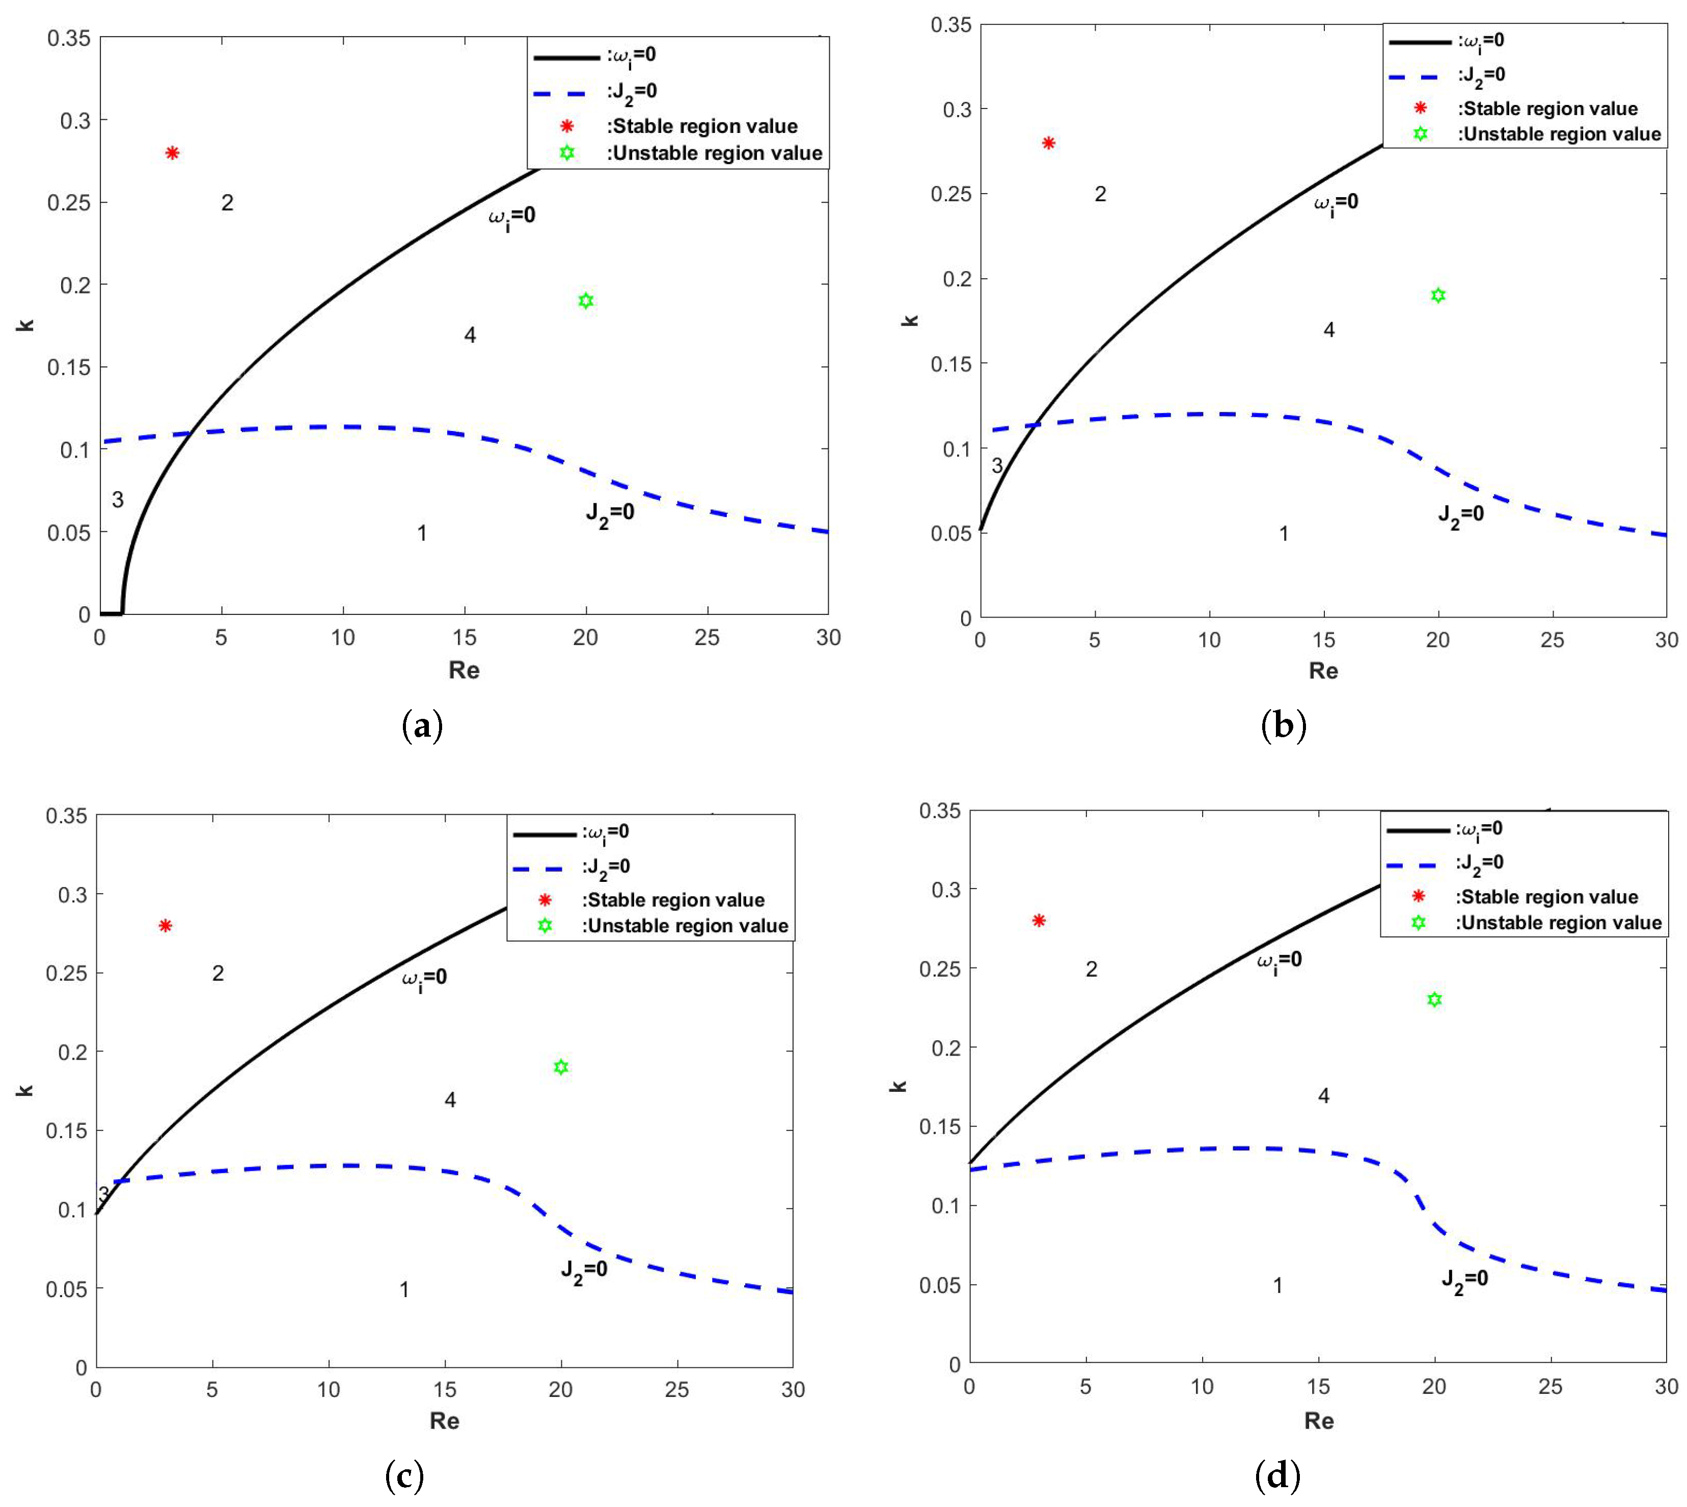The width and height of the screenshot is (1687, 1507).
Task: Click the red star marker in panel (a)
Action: click(172, 152)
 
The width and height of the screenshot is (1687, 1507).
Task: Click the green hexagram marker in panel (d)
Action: click(1434, 1000)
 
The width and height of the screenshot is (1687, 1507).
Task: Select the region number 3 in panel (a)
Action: click(118, 500)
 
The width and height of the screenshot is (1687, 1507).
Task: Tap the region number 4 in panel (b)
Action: click(1328, 330)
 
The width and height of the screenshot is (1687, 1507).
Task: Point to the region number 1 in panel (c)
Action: click(404, 1289)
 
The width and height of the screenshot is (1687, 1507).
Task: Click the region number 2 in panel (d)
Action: click(1091, 969)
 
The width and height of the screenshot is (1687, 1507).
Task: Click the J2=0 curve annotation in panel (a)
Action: click(610, 514)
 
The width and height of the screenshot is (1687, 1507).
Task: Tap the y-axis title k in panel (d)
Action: click(898, 1086)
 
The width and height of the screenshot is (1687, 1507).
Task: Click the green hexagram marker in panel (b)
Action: click(1438, 295)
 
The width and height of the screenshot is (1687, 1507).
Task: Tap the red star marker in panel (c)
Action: click(166, 926)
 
